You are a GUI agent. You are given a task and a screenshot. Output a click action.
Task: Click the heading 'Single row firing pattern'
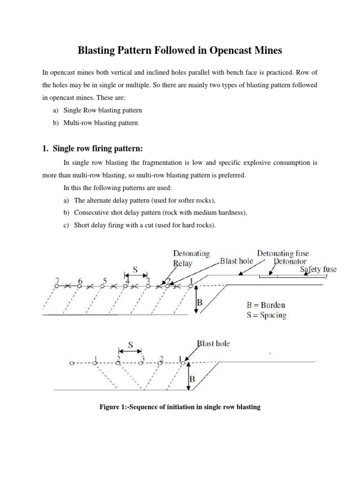(x=98, y=149)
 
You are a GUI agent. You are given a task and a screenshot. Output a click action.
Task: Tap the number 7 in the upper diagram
(x=57, y=281)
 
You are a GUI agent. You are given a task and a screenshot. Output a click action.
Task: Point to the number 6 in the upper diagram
(x=80, y=281)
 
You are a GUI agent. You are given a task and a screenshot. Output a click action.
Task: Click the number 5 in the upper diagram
(x=105, y=281)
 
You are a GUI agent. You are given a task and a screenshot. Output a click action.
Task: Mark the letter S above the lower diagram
(x=131, y=345)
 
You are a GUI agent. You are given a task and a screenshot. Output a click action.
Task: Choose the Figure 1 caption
(x=180, y=407)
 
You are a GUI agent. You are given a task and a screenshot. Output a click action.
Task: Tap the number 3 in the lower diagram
(x=142, y=360)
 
